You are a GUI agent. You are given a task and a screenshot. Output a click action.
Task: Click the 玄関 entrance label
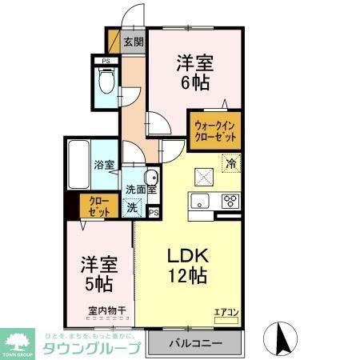tap(133, 42)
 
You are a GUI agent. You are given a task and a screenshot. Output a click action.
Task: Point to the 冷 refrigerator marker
tap(230, 166)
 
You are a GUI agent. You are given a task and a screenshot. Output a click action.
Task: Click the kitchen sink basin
tap(200, 200)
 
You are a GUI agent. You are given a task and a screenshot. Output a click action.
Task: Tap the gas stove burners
tap(230, 200)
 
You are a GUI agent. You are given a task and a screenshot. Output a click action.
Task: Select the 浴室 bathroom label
tap(104, 166)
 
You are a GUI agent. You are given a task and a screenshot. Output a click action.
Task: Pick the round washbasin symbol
tap(150, 178)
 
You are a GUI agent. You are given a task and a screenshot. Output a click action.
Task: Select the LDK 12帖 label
tap(188, 266)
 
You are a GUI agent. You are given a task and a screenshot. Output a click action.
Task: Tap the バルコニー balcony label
tap(195, 344)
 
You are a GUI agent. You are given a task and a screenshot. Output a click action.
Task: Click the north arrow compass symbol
tap(282, 336)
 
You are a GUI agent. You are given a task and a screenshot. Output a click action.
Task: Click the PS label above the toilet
tap(104, 61)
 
